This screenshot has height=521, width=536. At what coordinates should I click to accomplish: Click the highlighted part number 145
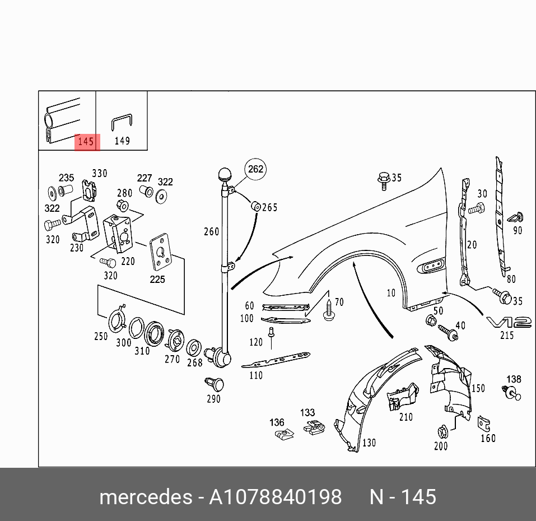[86, 142]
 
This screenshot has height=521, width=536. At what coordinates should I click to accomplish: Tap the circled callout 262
[255, 169]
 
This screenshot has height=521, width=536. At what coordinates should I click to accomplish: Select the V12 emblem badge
[508, 322]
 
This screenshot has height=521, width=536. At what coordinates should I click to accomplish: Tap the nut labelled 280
[124, 205]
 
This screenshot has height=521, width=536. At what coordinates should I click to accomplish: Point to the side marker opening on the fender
[430, 266]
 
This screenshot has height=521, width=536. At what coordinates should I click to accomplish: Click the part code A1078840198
[275, 497]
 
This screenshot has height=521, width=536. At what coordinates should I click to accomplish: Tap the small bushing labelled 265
[255, 206]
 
